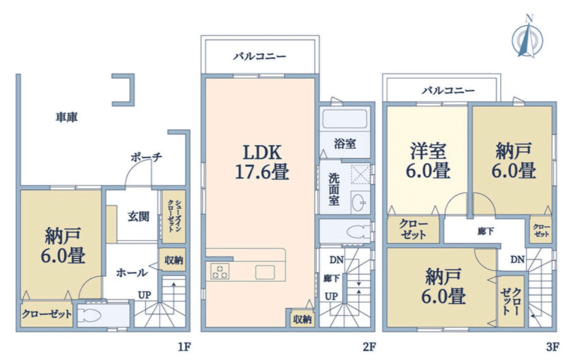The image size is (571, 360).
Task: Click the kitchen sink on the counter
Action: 264,272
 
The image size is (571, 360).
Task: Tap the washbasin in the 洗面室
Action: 360,203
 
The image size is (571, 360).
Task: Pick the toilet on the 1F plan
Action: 91,315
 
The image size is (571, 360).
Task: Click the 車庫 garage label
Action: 70,117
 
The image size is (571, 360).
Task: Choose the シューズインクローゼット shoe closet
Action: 173,216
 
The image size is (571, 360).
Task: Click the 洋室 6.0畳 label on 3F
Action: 428,160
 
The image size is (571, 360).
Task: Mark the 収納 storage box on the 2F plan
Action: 302,319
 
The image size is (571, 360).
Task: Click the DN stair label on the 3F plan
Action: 517,260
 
